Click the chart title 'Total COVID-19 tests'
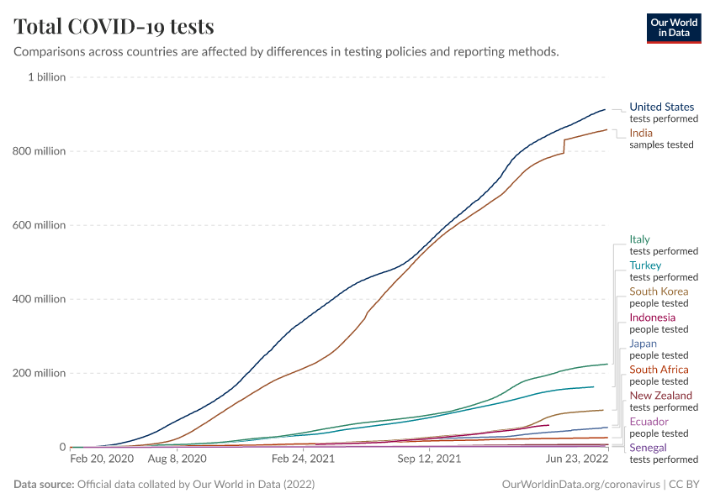114,26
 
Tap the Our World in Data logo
673,28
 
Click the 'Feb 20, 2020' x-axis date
102,459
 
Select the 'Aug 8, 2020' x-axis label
177,459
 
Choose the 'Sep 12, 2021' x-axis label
430,459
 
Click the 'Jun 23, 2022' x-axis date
577,459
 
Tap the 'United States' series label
662,107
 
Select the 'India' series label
641,133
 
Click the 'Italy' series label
640,239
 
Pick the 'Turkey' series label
646,265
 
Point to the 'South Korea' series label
659,291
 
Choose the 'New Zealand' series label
661,396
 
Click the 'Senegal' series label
649,448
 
